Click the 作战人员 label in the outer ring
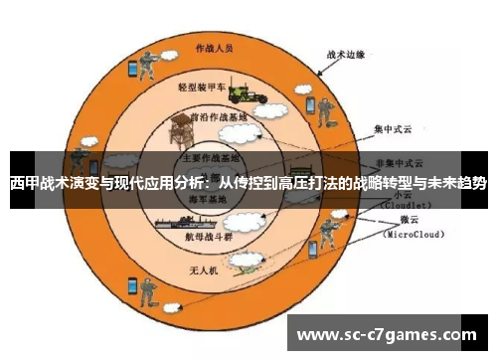click(x=215, y=47)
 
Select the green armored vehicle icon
click(x=245, y=93)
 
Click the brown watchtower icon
click(x=182, y=130)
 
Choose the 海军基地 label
click(x=207, y=199)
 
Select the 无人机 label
click(x=203, y=270)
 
